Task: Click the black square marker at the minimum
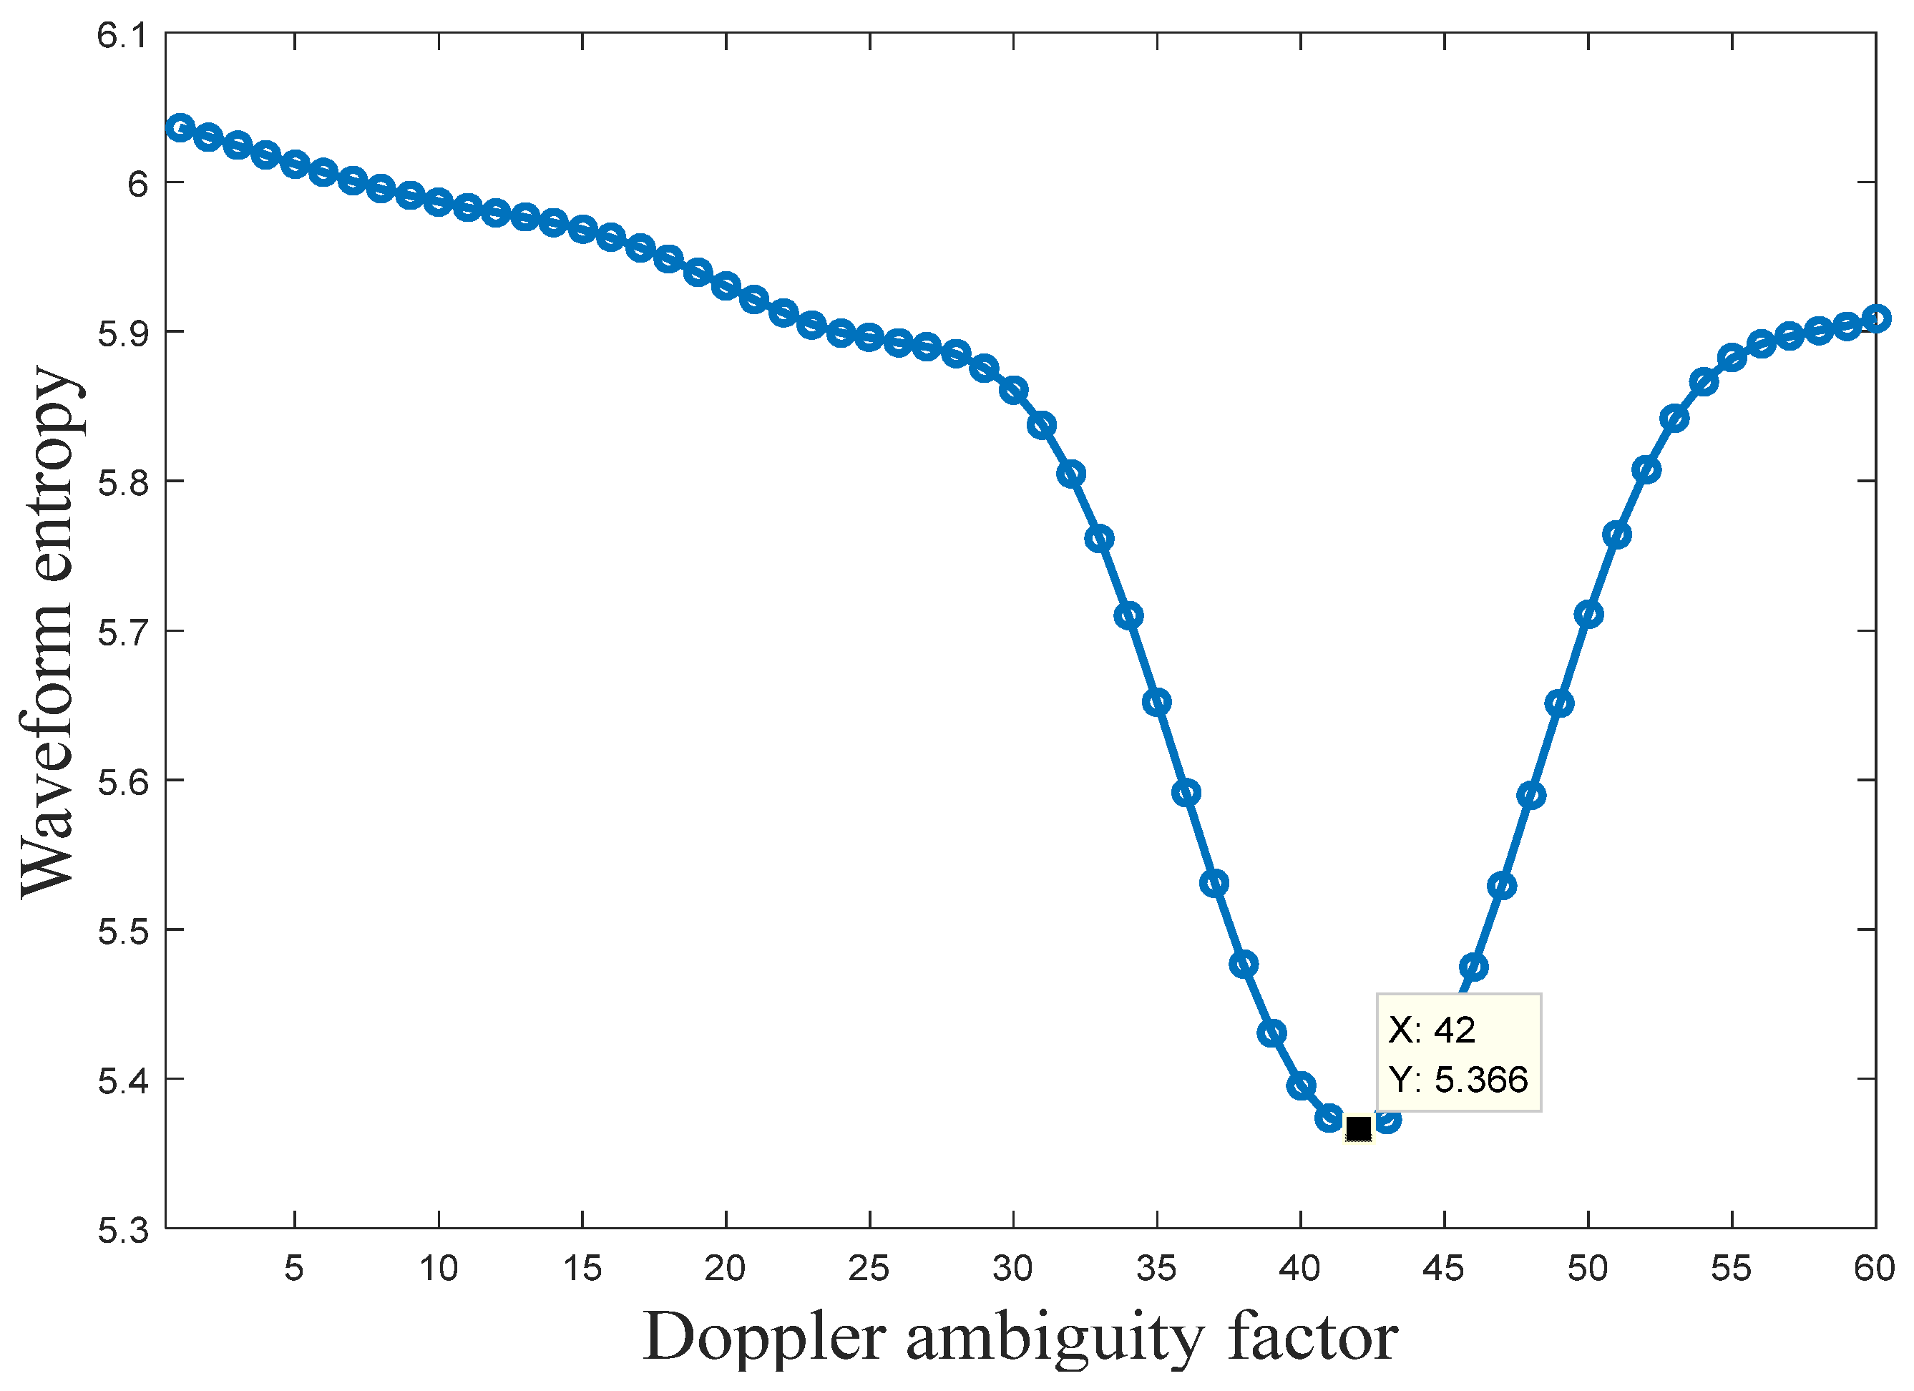[1358, 1128]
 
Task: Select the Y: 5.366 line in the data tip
[1458, 1080]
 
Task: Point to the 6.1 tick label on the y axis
[122, 36]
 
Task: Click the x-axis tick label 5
[293, 1269]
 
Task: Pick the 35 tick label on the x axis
[1156, 1269]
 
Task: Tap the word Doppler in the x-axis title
[763, 1338]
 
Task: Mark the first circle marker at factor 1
[180, 127]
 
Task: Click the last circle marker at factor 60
[1875, 318]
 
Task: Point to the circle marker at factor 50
[1588, 614]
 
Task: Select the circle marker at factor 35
[1156, 701]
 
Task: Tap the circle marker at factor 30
[1012, 391]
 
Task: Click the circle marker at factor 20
[726, 286]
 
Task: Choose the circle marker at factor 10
[438, 202]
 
